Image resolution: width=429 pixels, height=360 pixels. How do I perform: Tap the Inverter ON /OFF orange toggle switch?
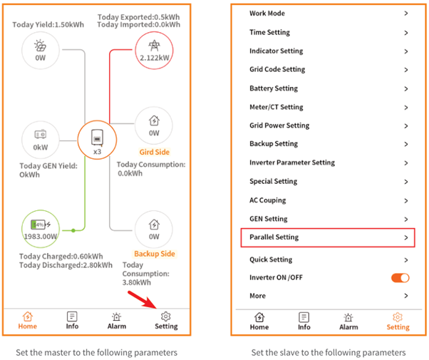(x=400, y=277)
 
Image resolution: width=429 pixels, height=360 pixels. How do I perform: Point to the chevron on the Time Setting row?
(x=405, y=33)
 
